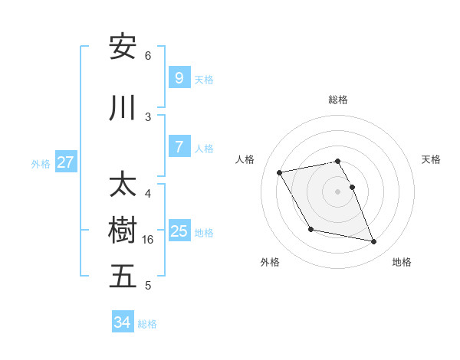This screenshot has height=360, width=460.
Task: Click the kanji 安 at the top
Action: pos(123,47)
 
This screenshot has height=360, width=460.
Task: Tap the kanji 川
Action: pos(123,108)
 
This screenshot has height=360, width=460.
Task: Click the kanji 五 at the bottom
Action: pos(123,277)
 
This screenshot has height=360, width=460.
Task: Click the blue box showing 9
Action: pos(179,78)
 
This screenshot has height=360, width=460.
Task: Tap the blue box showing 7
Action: pos(179,147)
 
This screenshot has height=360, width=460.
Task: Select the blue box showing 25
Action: pos(179,231)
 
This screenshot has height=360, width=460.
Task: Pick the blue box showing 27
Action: pos(66,162)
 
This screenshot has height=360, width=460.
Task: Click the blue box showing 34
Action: pos(123,322)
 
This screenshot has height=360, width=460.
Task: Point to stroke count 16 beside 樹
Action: pos(149,240)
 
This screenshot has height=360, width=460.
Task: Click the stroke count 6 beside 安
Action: pos(148,56)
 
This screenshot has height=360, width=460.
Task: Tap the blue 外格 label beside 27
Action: pos(41,163)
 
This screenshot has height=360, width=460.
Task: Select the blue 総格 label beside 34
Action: pos(147,324)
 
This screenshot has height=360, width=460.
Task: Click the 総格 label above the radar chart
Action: pos(338,100)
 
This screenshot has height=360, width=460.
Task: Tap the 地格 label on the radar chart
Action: pos(402,262)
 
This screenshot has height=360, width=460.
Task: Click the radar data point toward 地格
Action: pos(374,242)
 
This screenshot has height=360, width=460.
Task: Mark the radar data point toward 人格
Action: pos(280,172)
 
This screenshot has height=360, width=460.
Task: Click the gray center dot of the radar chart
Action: pos(338,191)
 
